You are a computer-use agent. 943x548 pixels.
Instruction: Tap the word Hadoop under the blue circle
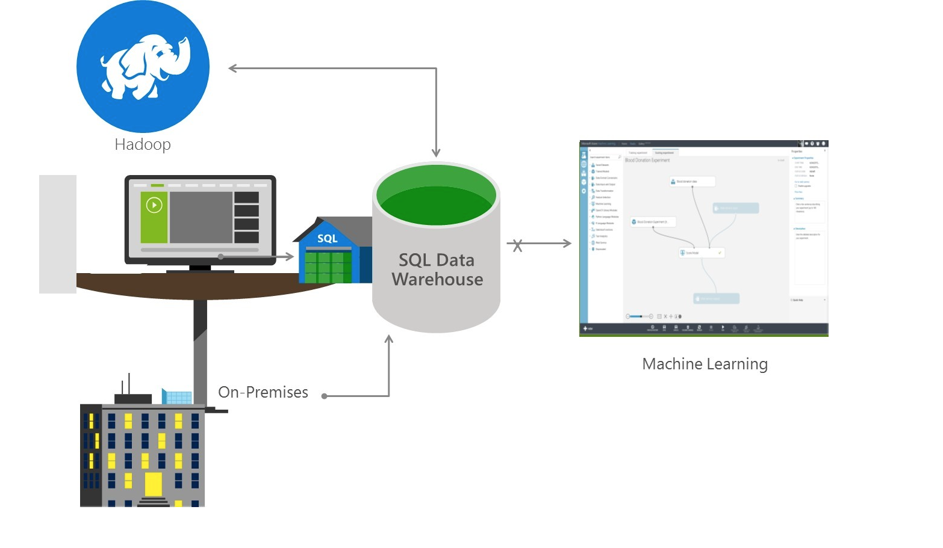(143, 145)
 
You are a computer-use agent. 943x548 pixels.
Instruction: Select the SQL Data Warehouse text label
(437, 269)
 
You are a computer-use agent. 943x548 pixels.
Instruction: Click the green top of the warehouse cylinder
(436, 195)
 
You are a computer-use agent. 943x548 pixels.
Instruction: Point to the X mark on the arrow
(517, 245)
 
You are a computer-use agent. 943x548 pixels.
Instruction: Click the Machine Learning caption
(705, 364)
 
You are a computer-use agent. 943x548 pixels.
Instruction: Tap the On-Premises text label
(263, 392)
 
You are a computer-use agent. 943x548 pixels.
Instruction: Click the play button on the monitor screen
(154, 205)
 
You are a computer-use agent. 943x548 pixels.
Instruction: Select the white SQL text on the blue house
(328, 239)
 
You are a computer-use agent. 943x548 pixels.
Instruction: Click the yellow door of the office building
(154, 484)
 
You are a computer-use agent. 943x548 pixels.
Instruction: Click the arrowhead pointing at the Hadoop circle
(232, 69)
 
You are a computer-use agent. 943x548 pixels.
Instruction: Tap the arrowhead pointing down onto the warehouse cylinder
(436, 153)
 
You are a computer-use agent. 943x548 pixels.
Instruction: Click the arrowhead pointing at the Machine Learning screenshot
(567, 244)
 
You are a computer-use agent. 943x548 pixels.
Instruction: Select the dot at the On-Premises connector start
(325, 396)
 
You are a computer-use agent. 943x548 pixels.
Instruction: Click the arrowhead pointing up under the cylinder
(389, 339)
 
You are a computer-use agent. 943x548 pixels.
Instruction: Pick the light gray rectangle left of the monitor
(58, 234)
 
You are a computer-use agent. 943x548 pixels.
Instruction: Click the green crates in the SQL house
(328, 267)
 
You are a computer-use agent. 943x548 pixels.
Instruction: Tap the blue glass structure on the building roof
(178, 397)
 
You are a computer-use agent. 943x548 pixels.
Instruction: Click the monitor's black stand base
(200, 271)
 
